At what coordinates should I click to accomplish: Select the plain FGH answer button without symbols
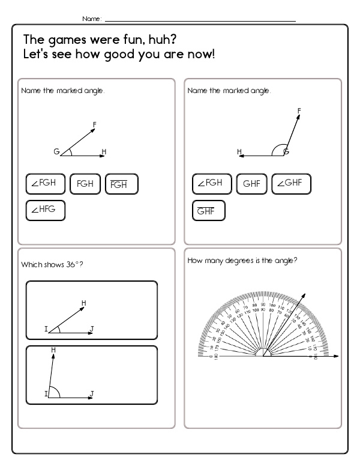tap(85, 184)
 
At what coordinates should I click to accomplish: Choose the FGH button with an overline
tap(121, 184)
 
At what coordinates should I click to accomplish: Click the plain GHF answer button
tap(252, 184)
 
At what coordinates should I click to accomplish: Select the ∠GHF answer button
tap(291, 184)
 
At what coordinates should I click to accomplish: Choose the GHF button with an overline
tap(208, 210)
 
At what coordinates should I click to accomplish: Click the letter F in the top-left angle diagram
tap(94, 124)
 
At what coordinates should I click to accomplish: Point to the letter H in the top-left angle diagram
tap(104, 152)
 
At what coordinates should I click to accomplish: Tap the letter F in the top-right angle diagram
tap(299, 110)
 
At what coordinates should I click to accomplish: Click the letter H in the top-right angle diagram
tap(239, 151)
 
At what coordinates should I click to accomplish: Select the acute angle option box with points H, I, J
tap(92, 311)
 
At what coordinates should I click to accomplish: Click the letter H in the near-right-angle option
tap(54, 349)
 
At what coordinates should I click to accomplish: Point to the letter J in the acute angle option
tap(92, 328)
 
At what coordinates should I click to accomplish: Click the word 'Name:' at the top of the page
tap(92, 19)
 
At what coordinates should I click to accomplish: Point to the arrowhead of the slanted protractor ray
tap(305, 295)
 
